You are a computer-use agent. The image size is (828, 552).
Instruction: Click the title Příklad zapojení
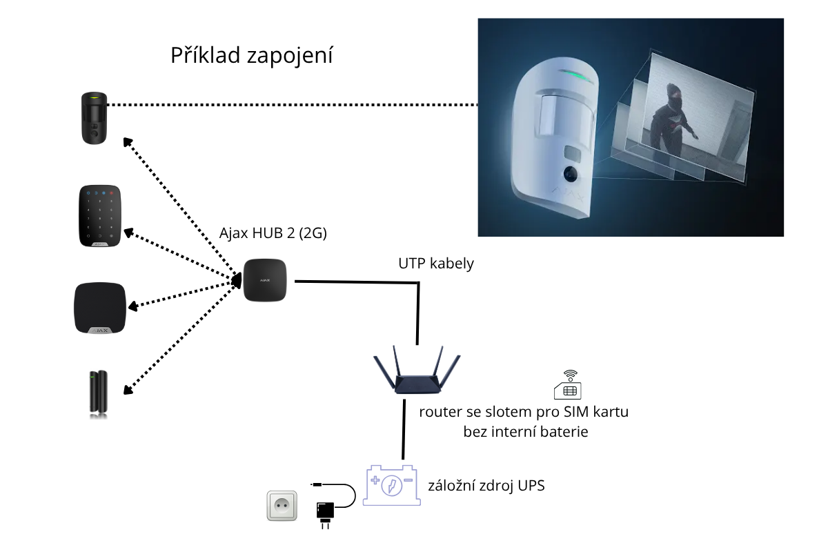click(251, 55)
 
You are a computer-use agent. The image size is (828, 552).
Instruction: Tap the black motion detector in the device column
click(95, 118)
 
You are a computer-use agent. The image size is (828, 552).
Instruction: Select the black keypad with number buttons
click(100, 216)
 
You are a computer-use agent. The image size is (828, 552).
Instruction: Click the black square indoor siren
click(100, 308)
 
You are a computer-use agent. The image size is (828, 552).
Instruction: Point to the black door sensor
click(98, 393)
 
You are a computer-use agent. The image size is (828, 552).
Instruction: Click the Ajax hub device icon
click(265, 280)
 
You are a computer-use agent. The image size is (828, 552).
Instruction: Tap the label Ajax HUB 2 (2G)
click(273, 233)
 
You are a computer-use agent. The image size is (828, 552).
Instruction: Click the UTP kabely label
click(436, 264)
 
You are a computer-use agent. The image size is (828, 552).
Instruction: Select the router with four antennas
click(417, 370)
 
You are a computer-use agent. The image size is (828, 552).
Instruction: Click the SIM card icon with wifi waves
click(568, 385)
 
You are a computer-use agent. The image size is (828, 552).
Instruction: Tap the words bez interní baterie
click(526, 432)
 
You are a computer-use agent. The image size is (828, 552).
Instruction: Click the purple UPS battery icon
click(392, 485)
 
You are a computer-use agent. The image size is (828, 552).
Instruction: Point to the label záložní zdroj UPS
click(486, 486)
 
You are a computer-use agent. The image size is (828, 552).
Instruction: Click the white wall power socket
click(282, 505)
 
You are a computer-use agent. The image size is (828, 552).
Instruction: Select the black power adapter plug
click(325, 514)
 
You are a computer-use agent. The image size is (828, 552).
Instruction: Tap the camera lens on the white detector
click(571, 174)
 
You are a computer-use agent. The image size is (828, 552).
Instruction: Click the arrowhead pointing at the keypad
click(128, 233)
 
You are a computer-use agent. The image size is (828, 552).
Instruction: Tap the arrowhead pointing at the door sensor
click(128, 390)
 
